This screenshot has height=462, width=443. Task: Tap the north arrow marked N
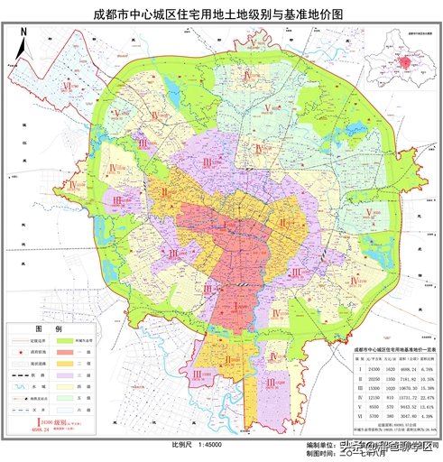[x=23, y=36]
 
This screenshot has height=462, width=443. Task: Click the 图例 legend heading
[x=47, y=328]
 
